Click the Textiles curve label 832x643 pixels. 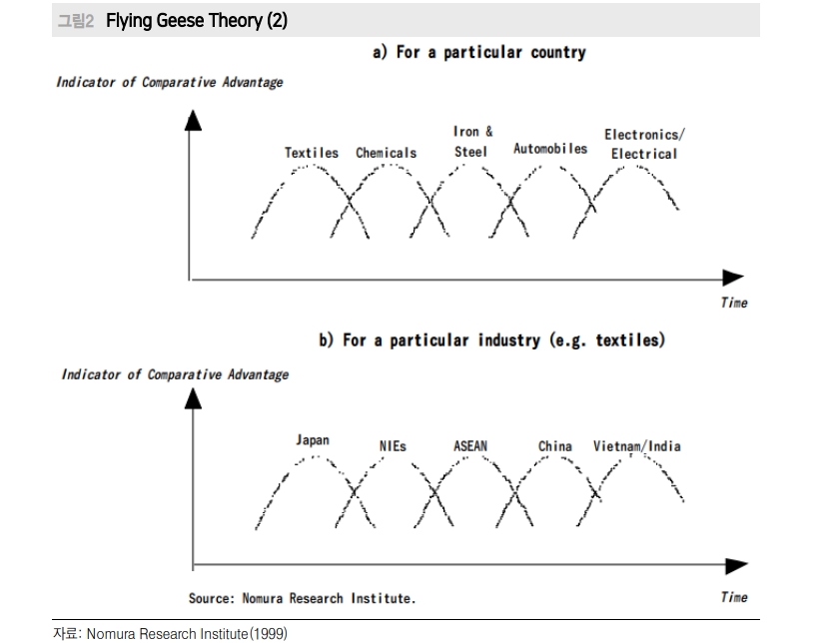click(312, 153)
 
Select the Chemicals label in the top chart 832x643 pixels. click(387, 153)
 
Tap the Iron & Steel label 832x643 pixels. click(471, 142)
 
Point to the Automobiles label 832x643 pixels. click(550, 149)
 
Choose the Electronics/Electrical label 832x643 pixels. click(644, 144)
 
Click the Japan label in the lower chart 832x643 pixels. click(312, 440)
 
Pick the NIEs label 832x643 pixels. click(393, 446)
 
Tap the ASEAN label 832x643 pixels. click(470, 446)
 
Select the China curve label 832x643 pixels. click(554, 446)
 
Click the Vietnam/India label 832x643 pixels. click(636, 445)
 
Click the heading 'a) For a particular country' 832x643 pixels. click(478, 52)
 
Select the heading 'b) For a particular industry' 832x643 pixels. click(490, 340)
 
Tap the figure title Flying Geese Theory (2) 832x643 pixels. click(190, 20)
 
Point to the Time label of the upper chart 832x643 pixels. click(733, 303)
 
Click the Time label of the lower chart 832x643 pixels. click(733, 597)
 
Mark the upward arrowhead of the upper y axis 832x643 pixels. click(193, 120)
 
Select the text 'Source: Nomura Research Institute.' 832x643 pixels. click(302, 598)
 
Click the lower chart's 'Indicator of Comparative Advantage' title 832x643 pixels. click(175, 374)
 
